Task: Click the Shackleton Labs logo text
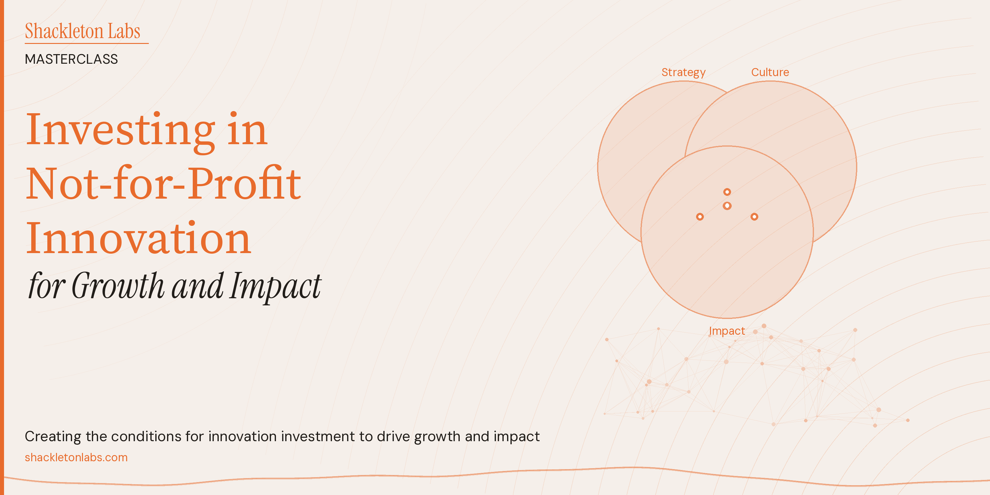(82, 31)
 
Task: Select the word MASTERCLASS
(71, 59)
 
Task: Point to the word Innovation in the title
(138, 238)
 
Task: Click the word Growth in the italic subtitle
(118, 286)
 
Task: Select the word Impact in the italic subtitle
(276, 286)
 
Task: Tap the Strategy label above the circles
(683, 72)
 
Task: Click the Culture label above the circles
(770, 72)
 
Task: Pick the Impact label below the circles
(727, 331)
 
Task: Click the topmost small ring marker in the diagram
(727, 192)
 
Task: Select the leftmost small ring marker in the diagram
(700, 217)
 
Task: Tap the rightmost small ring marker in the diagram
(754, 217)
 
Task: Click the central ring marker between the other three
(727, 206)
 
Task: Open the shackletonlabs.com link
(76, 457)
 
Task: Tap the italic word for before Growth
(46, 286)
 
